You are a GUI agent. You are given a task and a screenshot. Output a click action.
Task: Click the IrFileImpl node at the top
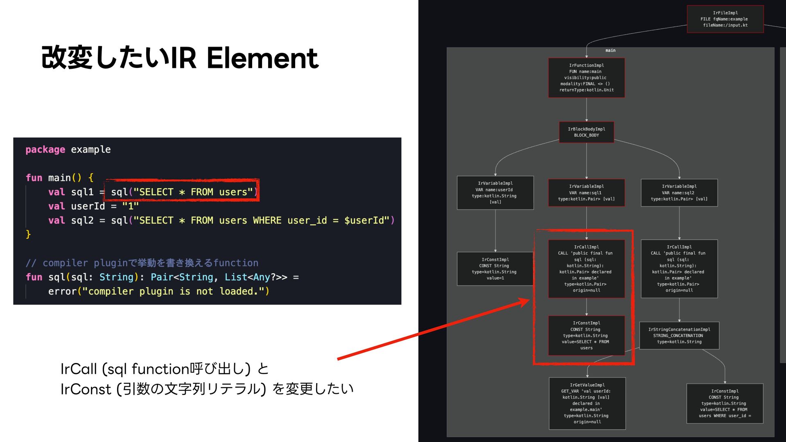(x=725, y=19)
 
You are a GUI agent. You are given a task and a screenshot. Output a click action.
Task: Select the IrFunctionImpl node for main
(x=586, y=77)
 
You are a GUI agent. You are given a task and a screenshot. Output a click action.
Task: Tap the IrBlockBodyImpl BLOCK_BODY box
(x=586, y=132)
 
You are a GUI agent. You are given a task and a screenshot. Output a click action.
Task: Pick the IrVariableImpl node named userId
(x=495, y=192)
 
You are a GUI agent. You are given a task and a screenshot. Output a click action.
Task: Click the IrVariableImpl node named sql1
(x=586, y=192)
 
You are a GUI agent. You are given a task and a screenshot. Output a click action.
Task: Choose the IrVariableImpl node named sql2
(x=679, y=192)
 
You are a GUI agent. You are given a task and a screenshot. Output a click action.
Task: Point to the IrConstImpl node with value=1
(x=495, y=268)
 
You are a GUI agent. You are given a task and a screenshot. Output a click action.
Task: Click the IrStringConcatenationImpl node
(x=679, y=335)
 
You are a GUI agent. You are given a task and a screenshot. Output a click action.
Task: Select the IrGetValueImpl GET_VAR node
(x=587, y=403)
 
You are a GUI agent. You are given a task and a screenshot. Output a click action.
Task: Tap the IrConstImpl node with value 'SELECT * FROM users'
(x=586, y=335)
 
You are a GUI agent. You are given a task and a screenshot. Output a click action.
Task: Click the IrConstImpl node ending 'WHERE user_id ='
(x=725, y=403)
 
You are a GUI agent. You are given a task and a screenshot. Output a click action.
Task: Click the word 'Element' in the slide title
(x=262, y=58)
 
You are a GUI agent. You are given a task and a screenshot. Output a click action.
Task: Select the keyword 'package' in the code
(x=45, y=150)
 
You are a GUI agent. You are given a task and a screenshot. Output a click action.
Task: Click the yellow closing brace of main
(x=28, y=234)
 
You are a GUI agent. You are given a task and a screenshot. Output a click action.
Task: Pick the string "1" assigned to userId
(x=130, y=206)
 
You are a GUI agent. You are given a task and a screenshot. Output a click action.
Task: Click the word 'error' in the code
(x=62, y=291)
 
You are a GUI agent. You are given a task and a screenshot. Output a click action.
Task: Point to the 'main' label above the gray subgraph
(x=610, y=50)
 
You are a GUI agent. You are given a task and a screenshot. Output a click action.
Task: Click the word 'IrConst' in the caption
(x=86, y=389)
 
